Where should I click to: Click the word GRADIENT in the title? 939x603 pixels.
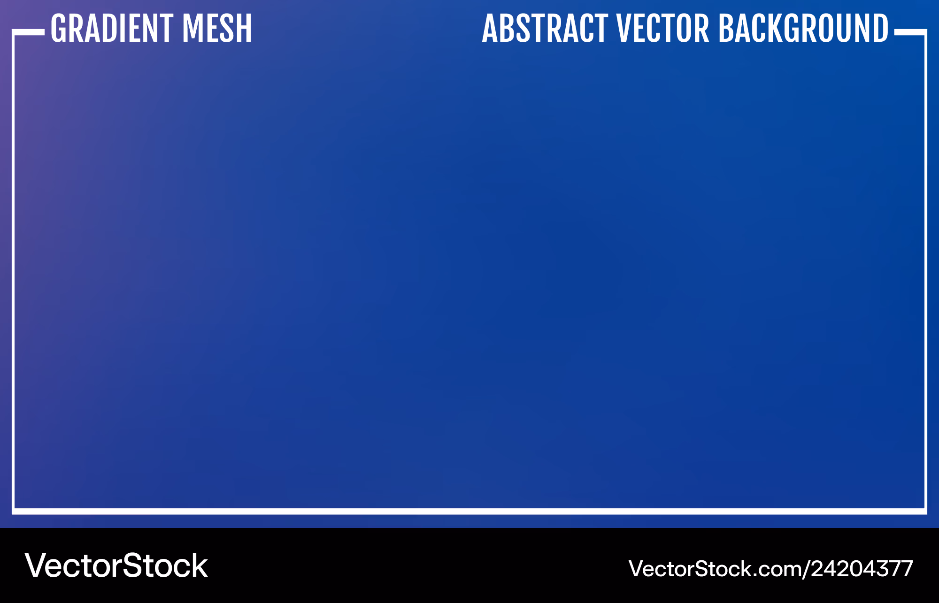click(x=112, y=29)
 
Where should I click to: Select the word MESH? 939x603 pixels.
click(x=217, y=29)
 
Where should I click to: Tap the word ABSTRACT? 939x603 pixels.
click(x=545, y=29)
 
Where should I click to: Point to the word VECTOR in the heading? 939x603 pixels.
click(x=662, y=29)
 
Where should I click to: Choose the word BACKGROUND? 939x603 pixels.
click(x=803, y=29)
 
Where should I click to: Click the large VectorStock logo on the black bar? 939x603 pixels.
click(x=116, y=565)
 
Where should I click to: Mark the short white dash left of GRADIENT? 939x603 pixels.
click(x=28, y=32)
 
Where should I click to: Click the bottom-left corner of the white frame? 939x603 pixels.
click(x=14, y=511)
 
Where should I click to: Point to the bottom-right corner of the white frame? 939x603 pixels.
click(x=925, y=511)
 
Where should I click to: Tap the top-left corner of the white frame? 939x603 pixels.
click(x=14, y=31)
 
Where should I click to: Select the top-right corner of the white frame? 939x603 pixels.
click(x=925, y=31)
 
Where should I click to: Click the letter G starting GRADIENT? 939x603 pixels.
click(x=59, y=29)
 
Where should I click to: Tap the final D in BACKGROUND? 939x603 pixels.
click(x=879, y=29)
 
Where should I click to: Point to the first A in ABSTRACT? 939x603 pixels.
click(x=491, y=29)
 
